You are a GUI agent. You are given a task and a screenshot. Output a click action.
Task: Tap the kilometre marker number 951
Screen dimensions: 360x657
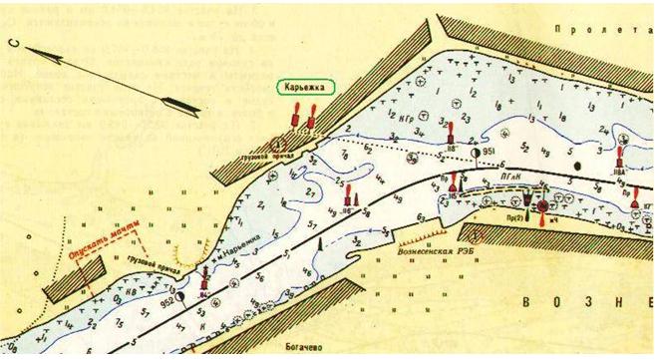(488, 152)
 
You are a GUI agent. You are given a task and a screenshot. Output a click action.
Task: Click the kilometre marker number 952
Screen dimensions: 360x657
(166, 296)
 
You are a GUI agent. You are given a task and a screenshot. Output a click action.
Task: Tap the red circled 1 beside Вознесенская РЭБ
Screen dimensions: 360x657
(480, 236)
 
